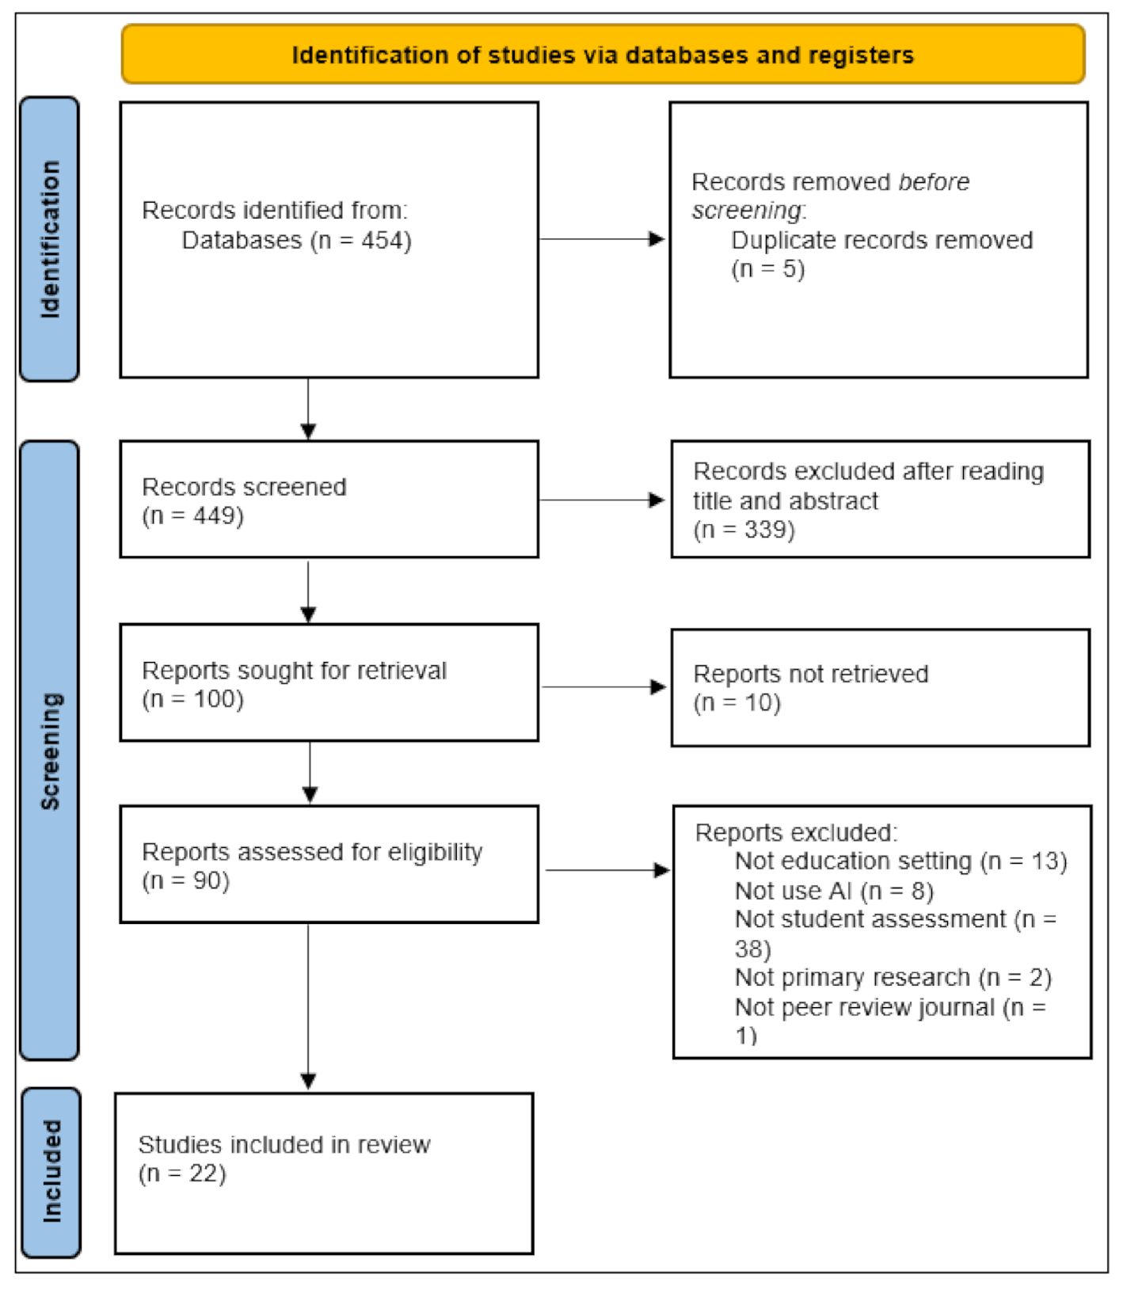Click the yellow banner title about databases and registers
pos(602,55)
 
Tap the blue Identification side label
pos(50,239)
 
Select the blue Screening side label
pos(50,750)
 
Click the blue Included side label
pos(51,1171)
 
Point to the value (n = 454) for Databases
pos(362,240)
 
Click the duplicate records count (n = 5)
pos(767,269)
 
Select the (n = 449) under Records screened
pos(192,515)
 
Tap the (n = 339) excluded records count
pos(744,529)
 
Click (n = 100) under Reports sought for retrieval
pos(192,699)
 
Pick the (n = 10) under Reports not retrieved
pos(737,702)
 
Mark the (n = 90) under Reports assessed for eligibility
pos(185,880)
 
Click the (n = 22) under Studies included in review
pos(182,1173)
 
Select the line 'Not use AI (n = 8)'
pos(833,891)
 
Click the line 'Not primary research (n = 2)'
pos(893,978)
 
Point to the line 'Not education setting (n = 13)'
pos(900,861)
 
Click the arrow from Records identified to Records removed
pos(602,239)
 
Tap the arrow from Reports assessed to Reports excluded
pos(607,870)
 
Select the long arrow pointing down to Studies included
pos(309,1006)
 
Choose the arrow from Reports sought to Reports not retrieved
pos(603,686)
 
